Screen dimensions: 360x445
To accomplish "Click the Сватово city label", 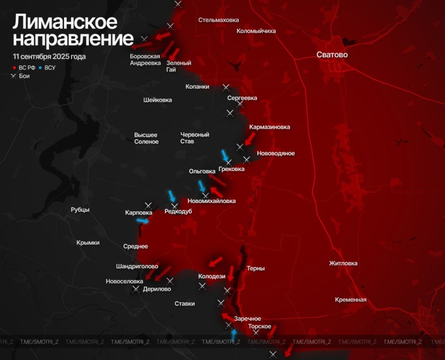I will click(332, 55).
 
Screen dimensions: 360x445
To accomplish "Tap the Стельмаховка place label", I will click(218, 20).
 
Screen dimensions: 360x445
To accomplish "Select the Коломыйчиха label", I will click(256, 31).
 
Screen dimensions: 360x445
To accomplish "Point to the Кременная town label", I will click(350, 300).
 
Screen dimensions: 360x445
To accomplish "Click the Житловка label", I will click(343, 264).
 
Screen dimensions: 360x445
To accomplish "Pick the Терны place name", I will click(255, 268).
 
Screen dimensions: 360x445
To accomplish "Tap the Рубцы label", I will click(80, 210).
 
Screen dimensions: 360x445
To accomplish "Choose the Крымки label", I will click(88, 243).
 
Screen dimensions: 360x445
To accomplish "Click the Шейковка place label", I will click(158, 100).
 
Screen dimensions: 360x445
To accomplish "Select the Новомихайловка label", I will click(211, 201).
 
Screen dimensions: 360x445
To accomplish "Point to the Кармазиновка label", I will click(270, 127).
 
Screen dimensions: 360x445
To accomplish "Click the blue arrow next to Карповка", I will click(143, 221).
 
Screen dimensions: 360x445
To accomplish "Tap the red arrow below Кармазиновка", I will click(250, 138).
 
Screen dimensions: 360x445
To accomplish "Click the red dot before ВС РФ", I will click(15, 68).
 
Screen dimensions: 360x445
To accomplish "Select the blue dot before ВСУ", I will click(41, 68).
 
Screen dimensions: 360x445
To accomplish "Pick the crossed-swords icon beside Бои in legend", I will click(15, 76).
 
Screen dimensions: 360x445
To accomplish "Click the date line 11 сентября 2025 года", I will click(49, 57).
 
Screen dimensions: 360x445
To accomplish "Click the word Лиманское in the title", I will click(64, 22).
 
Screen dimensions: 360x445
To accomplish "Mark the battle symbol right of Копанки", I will click(226, 87).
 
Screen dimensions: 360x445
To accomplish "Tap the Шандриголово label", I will click(137, 266).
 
